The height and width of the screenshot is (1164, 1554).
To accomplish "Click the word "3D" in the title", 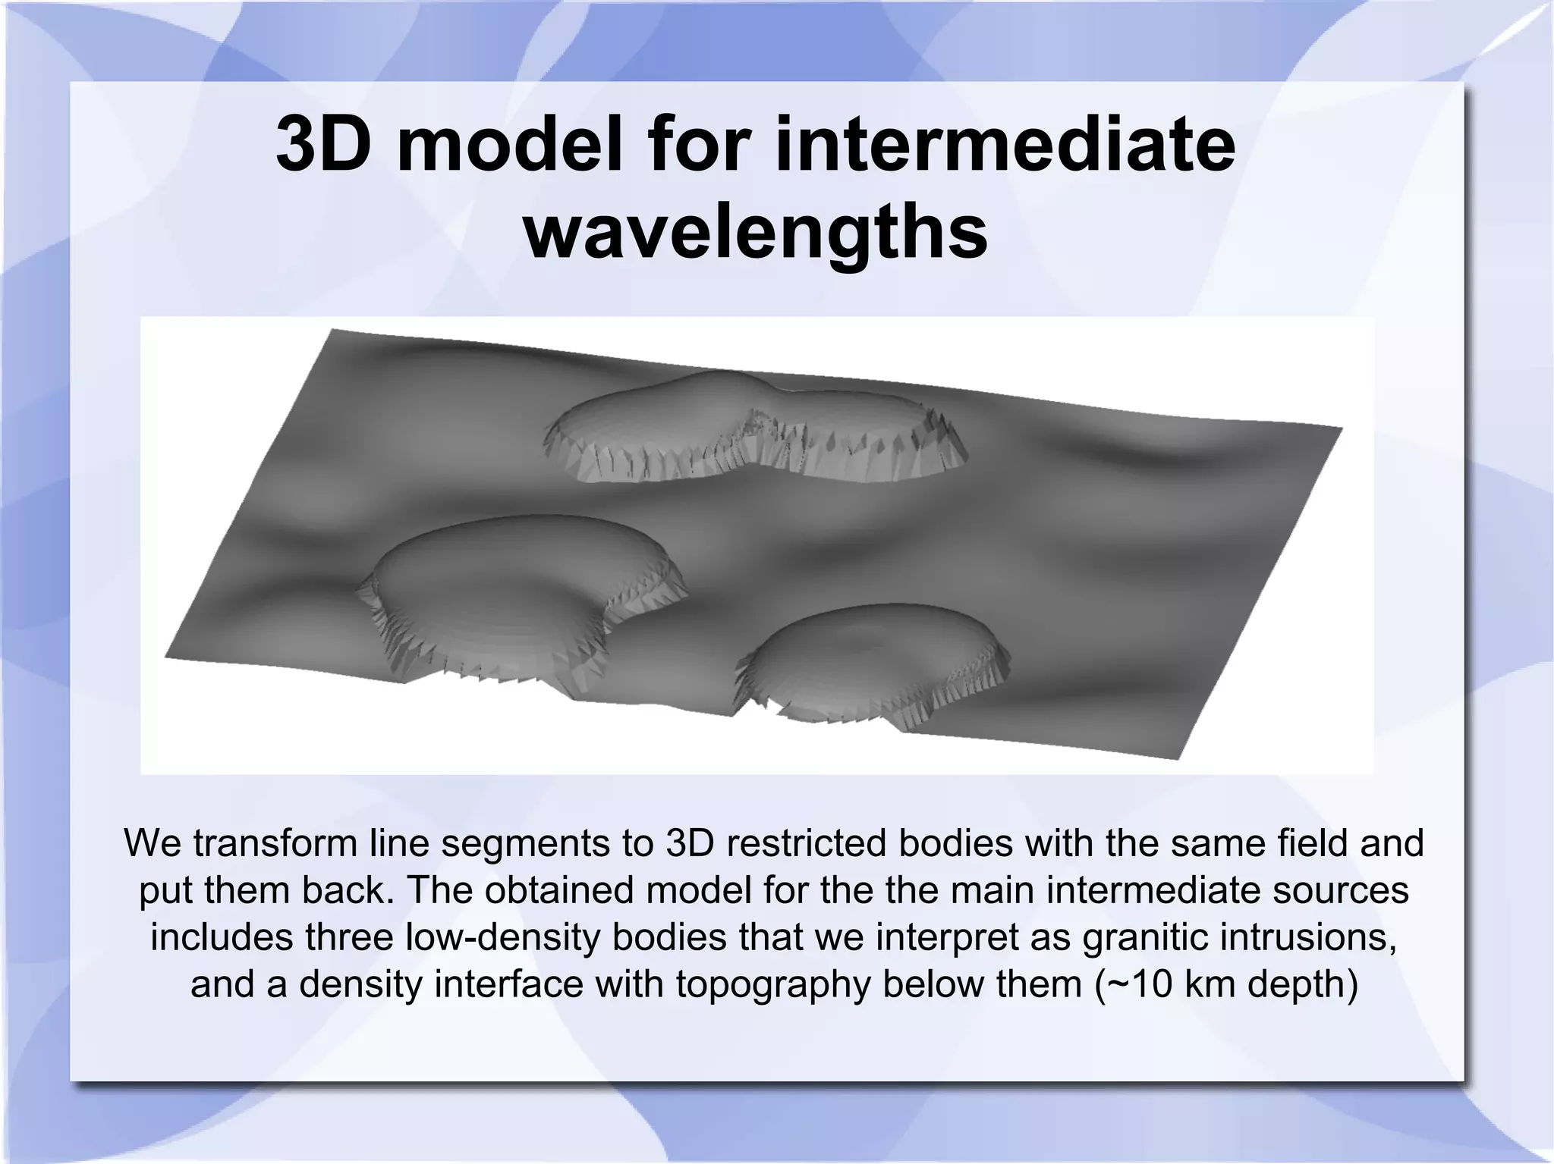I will [324, 144].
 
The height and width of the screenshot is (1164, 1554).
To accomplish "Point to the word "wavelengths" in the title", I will [756, 229].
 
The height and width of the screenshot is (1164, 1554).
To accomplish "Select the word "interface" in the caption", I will [513, 984].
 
